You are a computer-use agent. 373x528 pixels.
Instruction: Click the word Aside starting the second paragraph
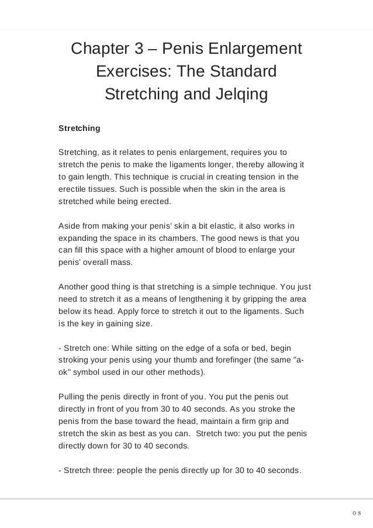(x=70, y=225)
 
